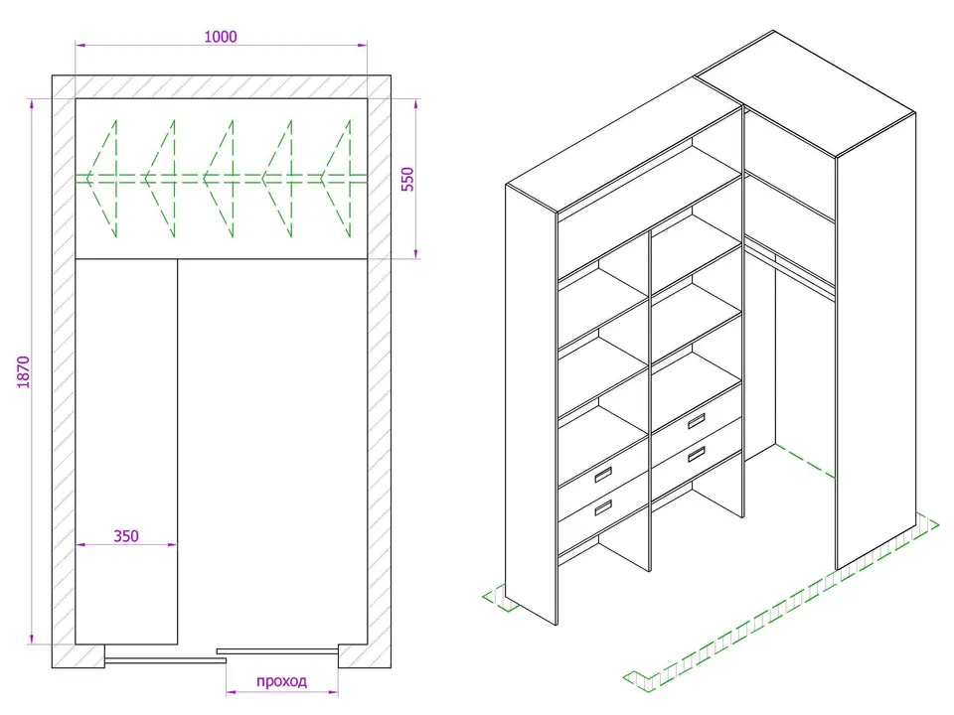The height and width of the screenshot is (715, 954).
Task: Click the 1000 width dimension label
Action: pyautogui.click(x=221, y=37)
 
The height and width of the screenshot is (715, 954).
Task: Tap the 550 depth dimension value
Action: pyautogui.click(x=407, y=180)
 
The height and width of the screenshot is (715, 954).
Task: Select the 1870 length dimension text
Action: pyautogui.click(x=23, y=372)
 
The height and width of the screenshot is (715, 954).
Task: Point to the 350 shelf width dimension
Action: pyautogui.click(x=126, y=535)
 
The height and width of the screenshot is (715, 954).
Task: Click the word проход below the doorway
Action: pyautogui.click(x=281, y=681)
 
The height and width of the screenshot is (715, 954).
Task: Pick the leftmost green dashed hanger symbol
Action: pyautogui.click(x=101, y=179)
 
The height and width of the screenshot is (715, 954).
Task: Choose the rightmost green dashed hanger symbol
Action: pyautogui.click(x=336, y=179)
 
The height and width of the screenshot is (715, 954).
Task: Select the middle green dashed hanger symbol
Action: pyautogui.click(x=219, y=179)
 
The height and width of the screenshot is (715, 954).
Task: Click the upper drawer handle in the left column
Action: pyautogui.click(x=602, y=475)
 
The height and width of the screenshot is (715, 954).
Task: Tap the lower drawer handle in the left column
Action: pyautogui.click(x=602, y=507)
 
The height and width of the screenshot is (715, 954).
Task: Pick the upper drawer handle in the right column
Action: pyautogui.click(x=696, y=421)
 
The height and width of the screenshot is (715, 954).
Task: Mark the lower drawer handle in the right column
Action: pyautogui.click(x=696, y=454)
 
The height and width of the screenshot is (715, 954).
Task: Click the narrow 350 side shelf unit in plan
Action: pyautogui.click(x=126, y=452)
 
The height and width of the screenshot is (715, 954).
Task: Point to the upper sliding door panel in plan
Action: pyautogui.click(x=277, y=651)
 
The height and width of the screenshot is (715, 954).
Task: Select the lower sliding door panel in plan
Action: pyautogui.click(x=166, y=659)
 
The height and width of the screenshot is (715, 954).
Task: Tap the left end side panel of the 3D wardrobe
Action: pyautogui.click(x=531, y=404)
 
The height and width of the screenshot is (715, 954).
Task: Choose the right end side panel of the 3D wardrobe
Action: pyautogui.click(x=876, y=341)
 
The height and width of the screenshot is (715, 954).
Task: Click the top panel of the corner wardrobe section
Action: pyautogui.click(x=805, y=93)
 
